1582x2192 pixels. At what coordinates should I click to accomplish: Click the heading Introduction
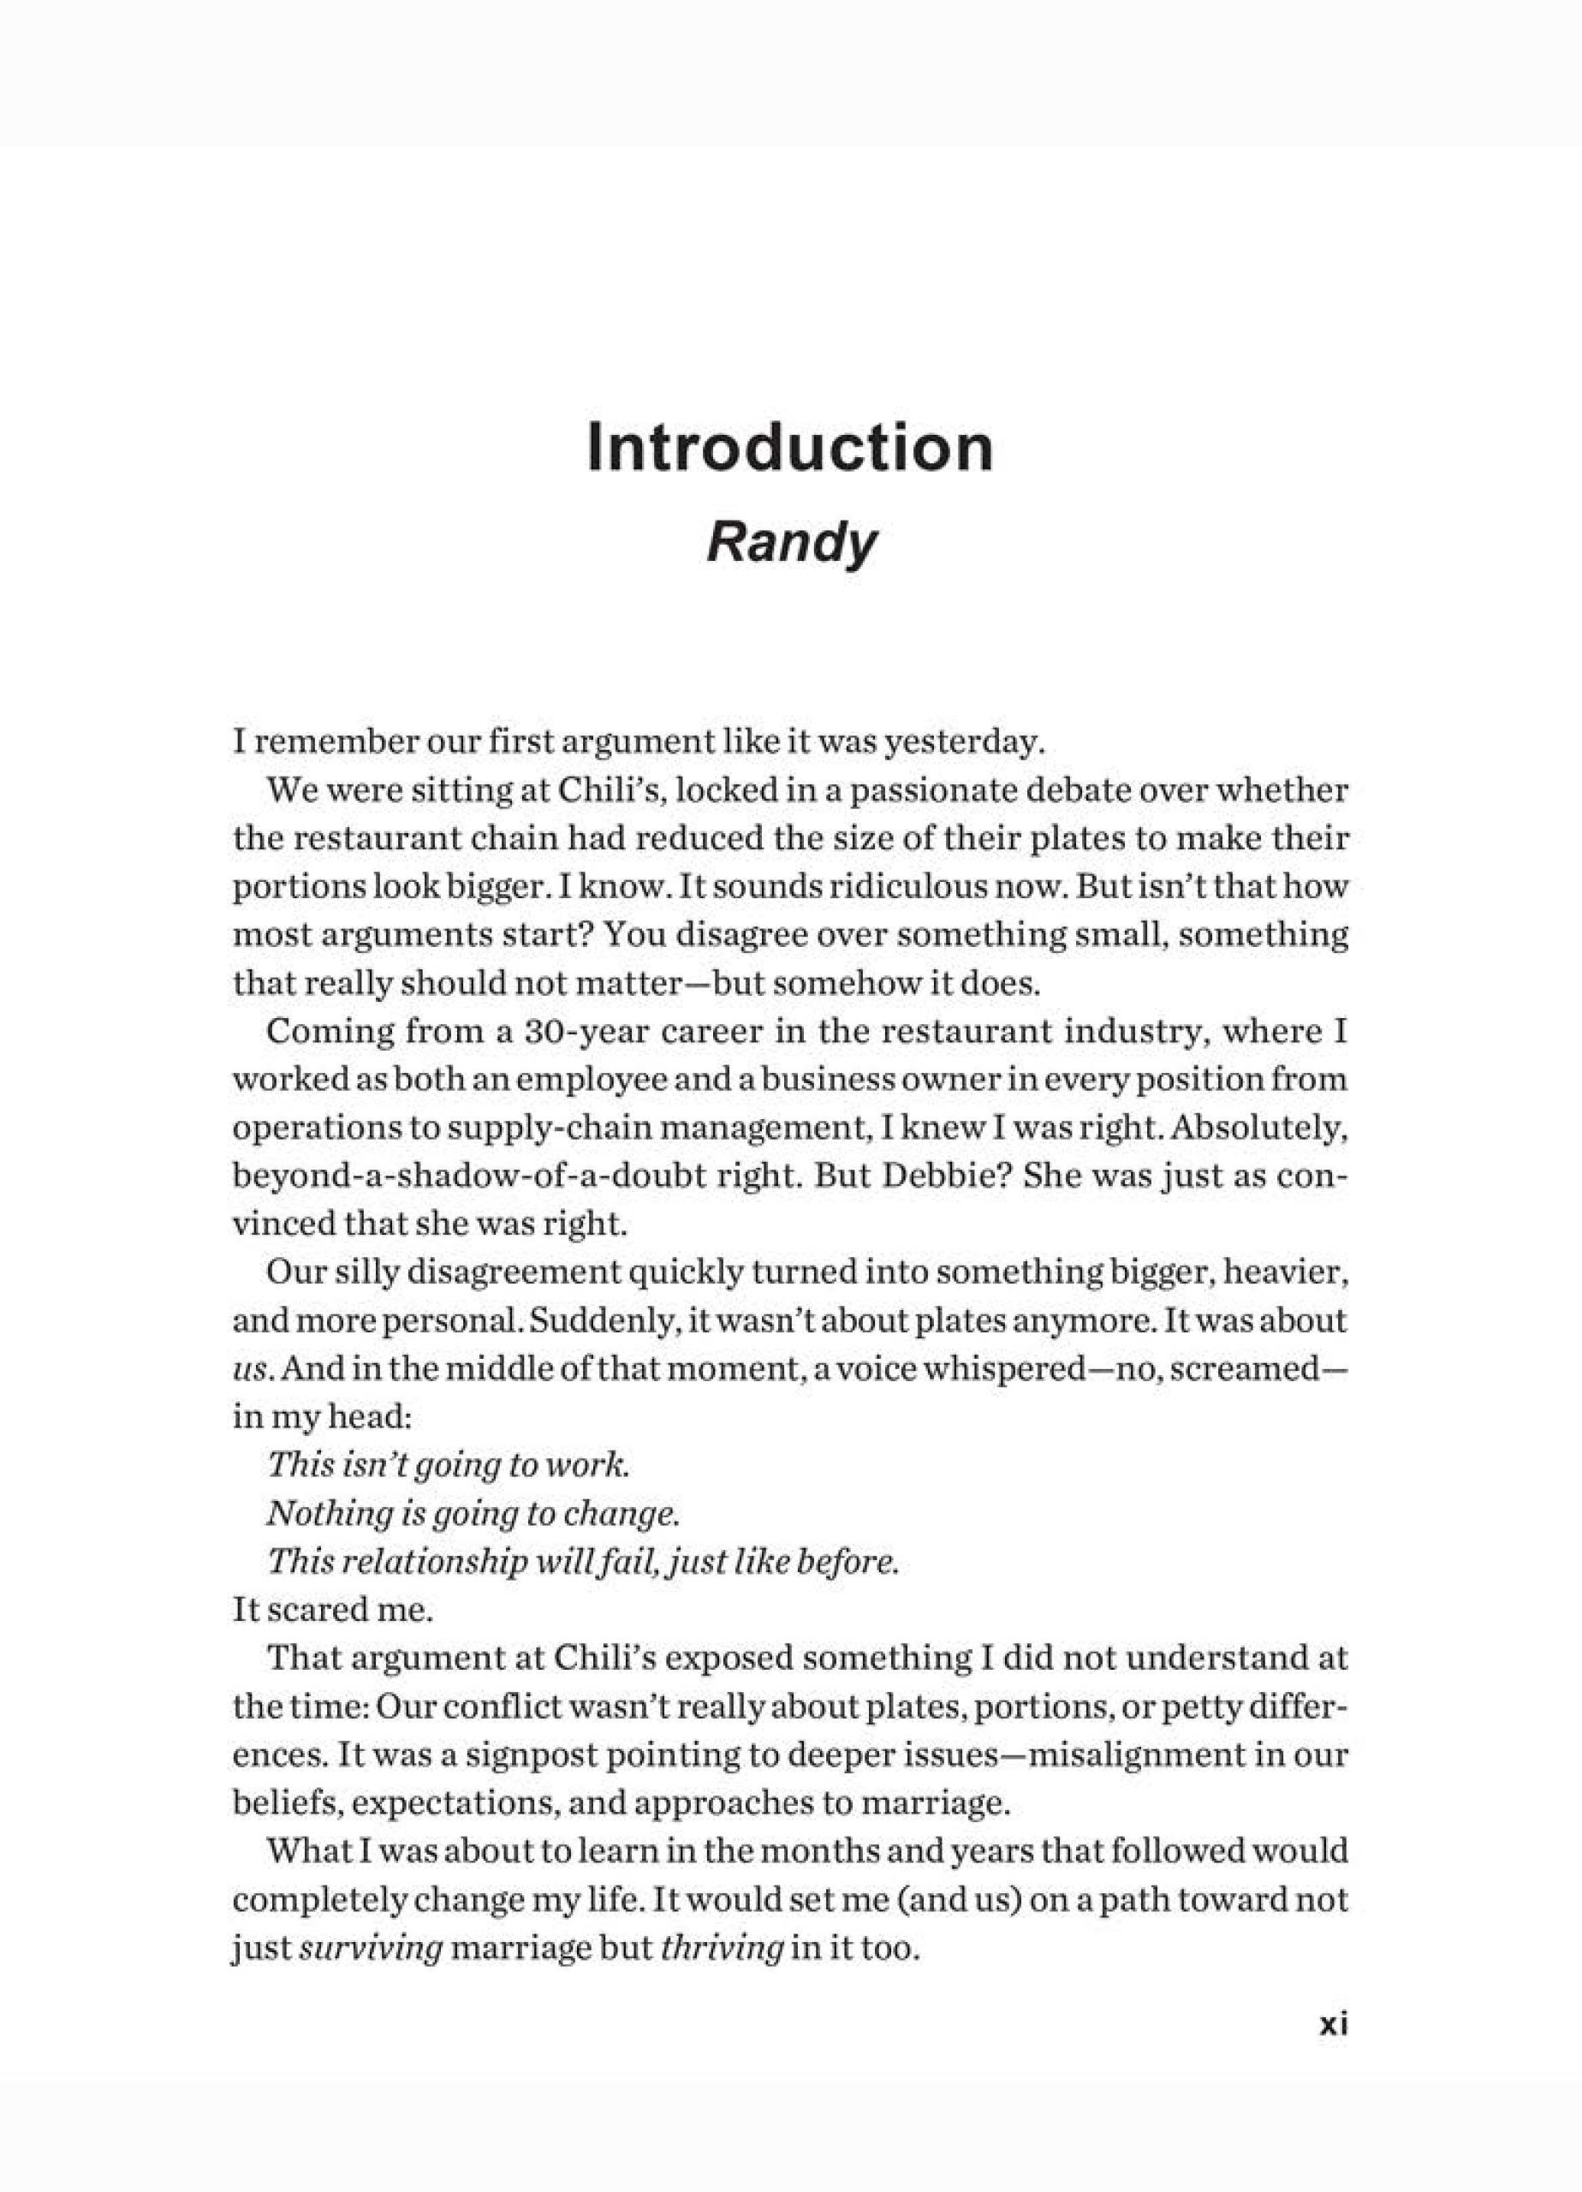click(x=789, y=449)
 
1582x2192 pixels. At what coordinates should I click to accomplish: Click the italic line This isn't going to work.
click(x=449, y=1465)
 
